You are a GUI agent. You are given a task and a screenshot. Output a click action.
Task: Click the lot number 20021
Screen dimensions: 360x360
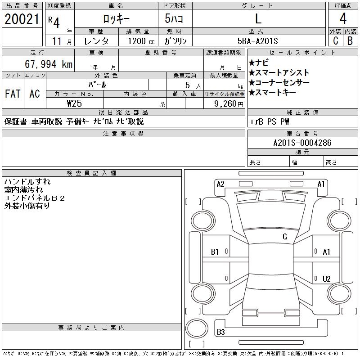point(22,19)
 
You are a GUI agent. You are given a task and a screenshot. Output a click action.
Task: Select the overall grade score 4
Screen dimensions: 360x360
point(343,18)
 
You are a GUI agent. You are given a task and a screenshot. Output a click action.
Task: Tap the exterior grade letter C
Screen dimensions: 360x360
point(336,40)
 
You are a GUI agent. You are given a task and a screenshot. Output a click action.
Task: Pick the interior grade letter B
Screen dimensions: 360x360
point(350,40)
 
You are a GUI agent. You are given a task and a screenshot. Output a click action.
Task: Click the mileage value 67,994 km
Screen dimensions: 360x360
point(49,64)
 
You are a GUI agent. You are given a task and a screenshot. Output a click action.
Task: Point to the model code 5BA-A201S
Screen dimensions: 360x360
point(257,41)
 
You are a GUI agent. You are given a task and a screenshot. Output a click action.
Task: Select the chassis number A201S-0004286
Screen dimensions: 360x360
point(302,143)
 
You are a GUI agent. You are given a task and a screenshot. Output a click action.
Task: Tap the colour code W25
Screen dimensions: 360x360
point(74,103)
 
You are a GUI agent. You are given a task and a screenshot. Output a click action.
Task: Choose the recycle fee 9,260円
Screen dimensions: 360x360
point(229,104)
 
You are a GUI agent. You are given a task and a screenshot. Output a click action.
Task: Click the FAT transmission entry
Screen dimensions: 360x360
point(13,94)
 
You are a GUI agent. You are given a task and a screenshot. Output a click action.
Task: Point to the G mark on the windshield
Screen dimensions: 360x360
point(285,237)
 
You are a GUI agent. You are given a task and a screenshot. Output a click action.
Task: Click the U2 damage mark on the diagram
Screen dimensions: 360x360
point(327,279)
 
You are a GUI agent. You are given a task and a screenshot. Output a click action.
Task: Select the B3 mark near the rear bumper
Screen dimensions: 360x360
point(221,332)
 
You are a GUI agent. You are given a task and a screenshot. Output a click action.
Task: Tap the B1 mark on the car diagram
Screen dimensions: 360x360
point(215,252)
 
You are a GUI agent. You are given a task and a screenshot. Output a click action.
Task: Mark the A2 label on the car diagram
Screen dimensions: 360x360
point(220,184)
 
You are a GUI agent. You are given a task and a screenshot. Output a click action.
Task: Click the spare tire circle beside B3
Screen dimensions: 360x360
point(197,328)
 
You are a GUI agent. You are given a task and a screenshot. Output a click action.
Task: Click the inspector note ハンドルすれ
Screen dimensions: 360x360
point(27,182)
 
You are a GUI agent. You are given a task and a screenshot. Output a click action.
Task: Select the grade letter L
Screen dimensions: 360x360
point(258,18)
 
